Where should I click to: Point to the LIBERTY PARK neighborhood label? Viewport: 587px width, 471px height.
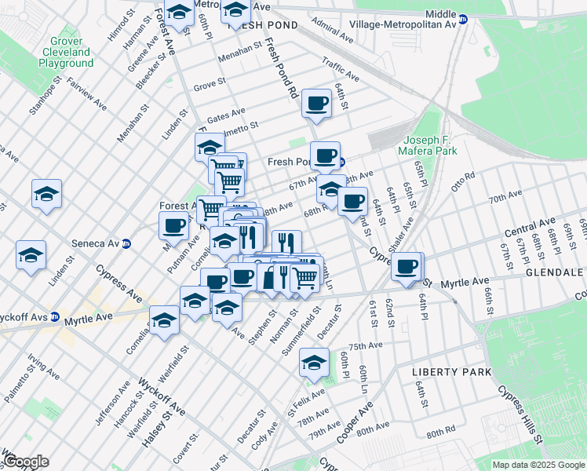point(452,371)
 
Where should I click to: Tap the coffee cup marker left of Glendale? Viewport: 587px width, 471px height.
point(407,267)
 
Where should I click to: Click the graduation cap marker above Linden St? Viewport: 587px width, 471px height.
point(31,255)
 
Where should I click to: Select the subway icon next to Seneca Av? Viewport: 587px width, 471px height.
point(137,243)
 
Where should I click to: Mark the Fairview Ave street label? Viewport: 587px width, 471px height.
point(86,92)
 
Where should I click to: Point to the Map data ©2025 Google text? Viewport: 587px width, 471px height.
point(538,465)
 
